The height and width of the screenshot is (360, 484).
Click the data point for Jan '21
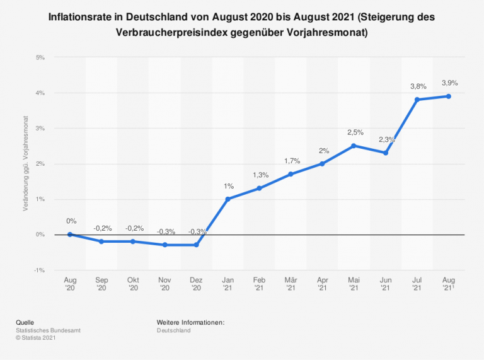(x=228, y=199)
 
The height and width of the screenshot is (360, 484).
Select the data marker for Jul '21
(x=417, y=100)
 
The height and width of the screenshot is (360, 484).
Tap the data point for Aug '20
(x=70, y=234)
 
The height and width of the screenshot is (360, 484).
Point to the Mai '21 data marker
(x=354, y=146)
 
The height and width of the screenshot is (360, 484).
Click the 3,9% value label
(x=449, y=83)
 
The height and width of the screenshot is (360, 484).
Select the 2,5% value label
(x=355, y=132)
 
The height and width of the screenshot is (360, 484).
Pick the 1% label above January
(x=228, y=186)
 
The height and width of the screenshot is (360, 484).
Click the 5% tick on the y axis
(x=40, y=57)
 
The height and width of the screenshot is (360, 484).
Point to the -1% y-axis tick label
(x=39, y=270)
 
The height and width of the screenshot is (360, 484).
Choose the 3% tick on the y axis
(x=40, y=128)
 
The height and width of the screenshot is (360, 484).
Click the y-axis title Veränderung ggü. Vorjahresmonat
(x=26, y=163)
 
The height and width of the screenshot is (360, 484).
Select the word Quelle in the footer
(x=25, y=323)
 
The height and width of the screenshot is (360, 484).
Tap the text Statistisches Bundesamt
(x=48, y=330)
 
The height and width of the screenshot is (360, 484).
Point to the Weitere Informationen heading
(x=191, y=323)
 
